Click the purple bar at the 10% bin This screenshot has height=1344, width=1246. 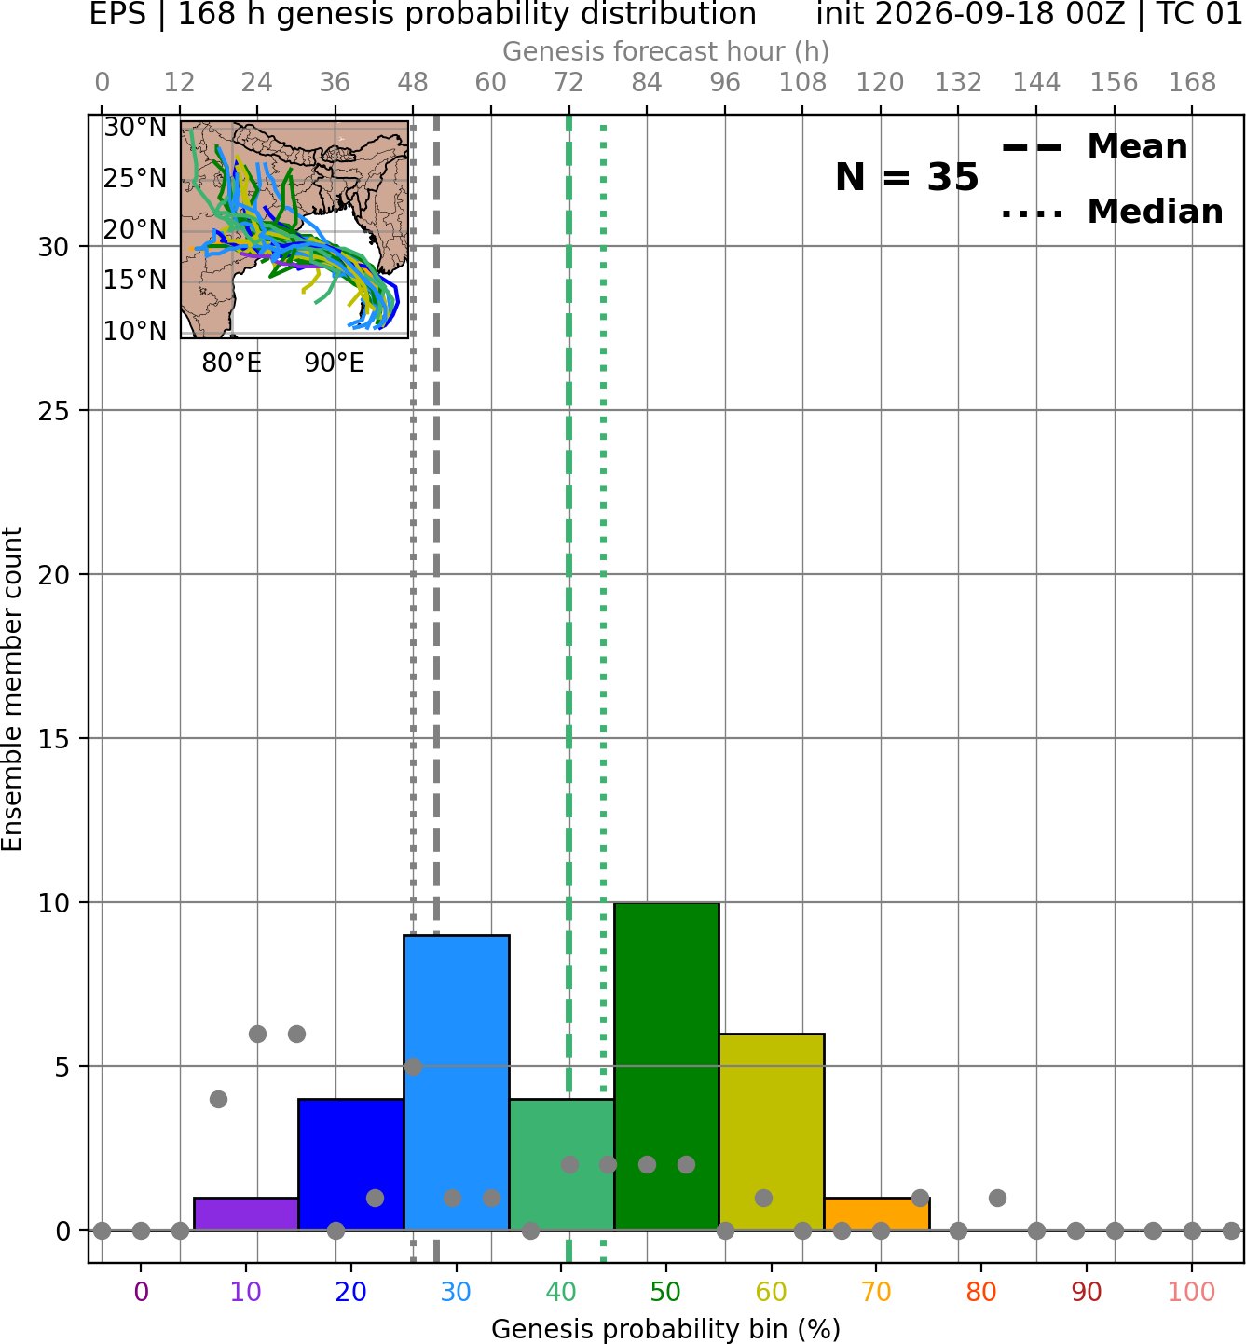246,1214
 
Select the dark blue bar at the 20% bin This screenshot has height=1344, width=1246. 351,1165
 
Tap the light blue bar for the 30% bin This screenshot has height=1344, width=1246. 456,1083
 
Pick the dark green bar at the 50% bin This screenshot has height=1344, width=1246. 666,1066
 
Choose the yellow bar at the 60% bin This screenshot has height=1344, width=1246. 772,1132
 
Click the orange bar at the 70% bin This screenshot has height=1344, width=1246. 877,1214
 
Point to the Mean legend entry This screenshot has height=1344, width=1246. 1095,146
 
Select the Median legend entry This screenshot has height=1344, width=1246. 1113,212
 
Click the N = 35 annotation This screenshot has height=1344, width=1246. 907,177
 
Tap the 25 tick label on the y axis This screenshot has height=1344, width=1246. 53,411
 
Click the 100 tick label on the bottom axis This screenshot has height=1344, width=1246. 1191,1292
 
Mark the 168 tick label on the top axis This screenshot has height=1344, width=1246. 1192,83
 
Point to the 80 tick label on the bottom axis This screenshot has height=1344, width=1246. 980,1292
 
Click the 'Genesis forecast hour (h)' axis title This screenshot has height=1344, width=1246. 666,51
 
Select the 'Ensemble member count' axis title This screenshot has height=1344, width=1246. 12,689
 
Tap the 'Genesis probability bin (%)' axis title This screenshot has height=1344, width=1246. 666,1329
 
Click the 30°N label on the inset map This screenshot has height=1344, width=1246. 135,128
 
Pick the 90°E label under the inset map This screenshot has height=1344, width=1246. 335,363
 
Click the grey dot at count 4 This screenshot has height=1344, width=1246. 218,1099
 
